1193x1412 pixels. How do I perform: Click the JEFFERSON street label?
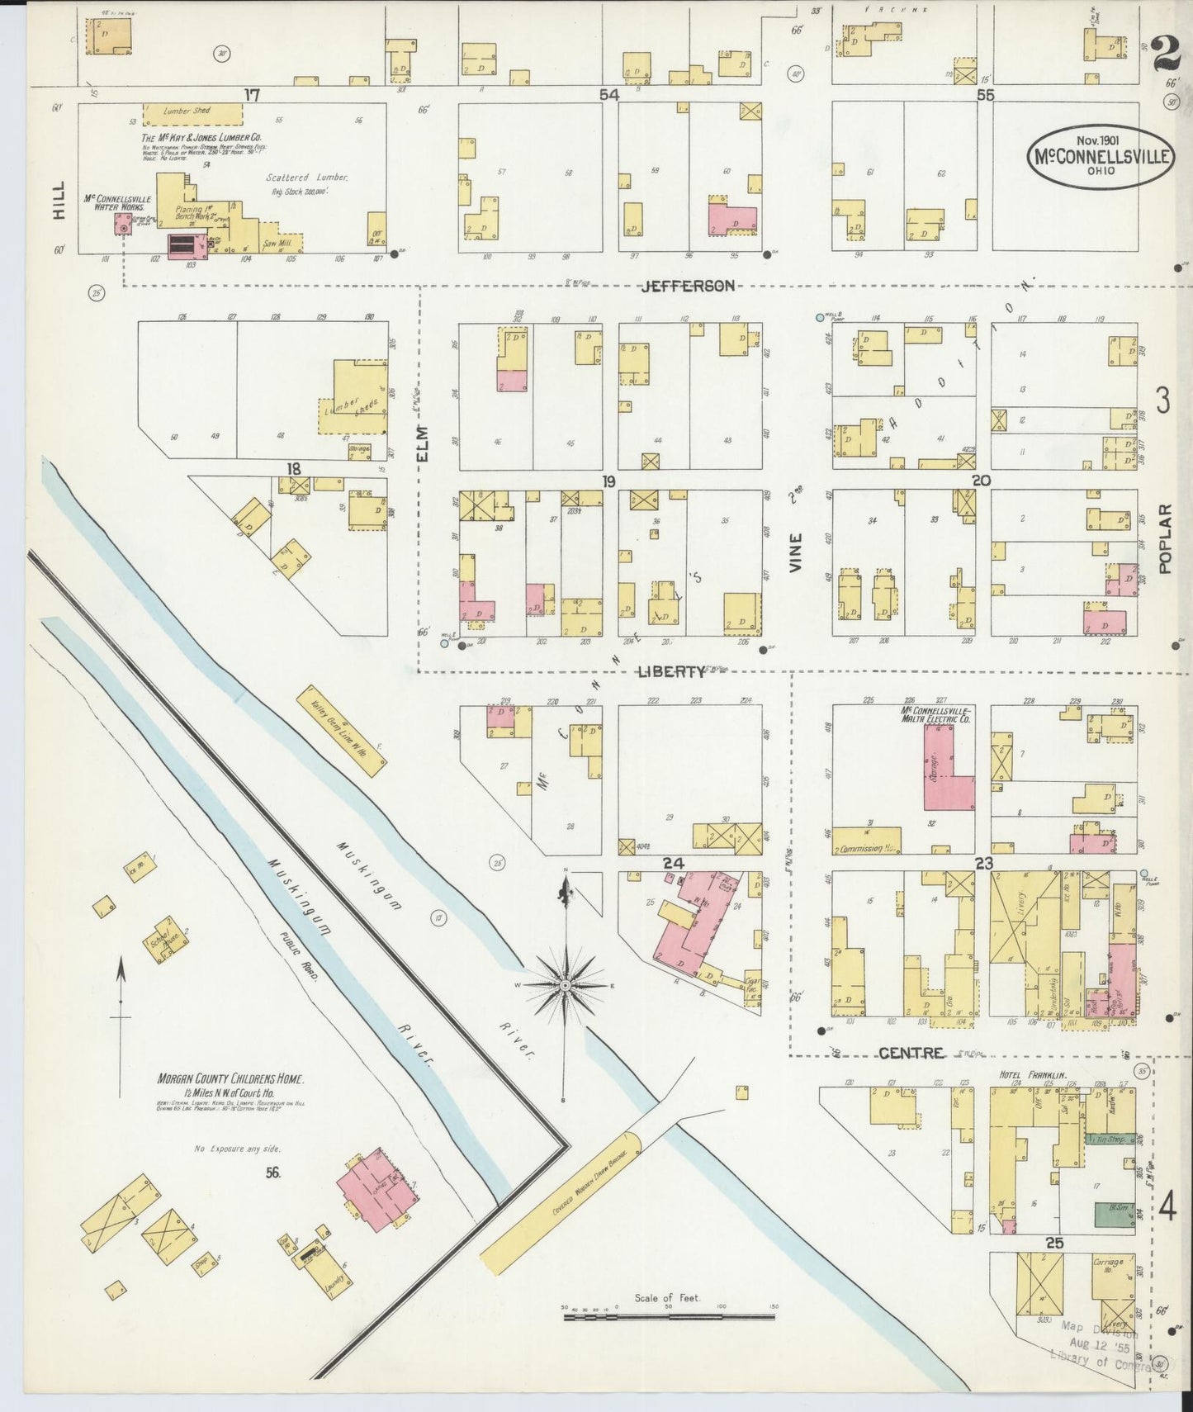tap(689, 286)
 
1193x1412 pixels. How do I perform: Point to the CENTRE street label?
tap(911, 1053)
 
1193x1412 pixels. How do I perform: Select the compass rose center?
tap(566, 986)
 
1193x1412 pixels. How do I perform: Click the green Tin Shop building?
tap(1110, 1139)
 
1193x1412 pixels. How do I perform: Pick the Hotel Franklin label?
tap(1033, 1075)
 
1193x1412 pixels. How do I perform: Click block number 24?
tap(674, 863)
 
